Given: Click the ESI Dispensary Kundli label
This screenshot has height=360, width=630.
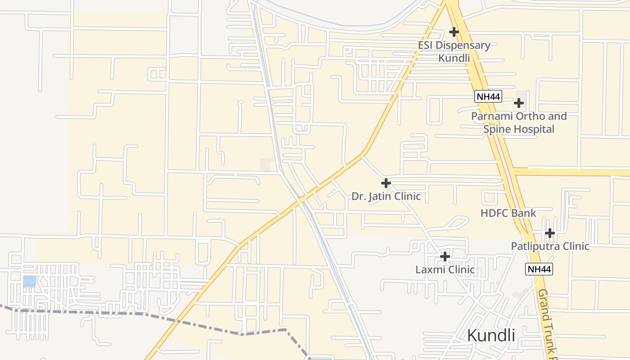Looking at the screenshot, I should click(x=454, y=51).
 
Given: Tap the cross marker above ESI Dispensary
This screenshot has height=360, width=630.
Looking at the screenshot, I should click(x=454, y=32).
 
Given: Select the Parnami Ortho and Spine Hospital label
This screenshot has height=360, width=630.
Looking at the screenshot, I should click(x=519, y=123).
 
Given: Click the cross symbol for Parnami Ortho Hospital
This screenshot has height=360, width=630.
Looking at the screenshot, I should click(x=519, y=103).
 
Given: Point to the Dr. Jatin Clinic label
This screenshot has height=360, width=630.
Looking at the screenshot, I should click(x=386, y=196).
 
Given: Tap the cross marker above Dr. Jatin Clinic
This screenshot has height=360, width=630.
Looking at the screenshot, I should click(x=386, y=183).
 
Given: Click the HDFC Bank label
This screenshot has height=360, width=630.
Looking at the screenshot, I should click(x=508, y=213).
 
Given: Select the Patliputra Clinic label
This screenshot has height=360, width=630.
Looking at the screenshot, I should click(x=550, y=246).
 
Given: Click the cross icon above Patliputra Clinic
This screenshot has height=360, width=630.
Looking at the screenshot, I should click(x=549, y=233).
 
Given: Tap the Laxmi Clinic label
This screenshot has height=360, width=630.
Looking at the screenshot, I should click(x=445, y=270).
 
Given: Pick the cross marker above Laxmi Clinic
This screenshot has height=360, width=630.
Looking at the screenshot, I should click(x=445, y=256).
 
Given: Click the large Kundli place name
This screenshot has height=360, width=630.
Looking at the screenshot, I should click(x=491, y=335).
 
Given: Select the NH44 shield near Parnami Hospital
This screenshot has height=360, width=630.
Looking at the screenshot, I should click(x=488, y=96).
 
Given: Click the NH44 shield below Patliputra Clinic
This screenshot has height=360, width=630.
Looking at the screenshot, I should click(x=539, y=269).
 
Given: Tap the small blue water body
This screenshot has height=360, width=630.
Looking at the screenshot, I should click(x=30, y=282).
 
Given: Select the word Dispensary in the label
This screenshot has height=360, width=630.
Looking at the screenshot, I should click(x=463, y=45).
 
